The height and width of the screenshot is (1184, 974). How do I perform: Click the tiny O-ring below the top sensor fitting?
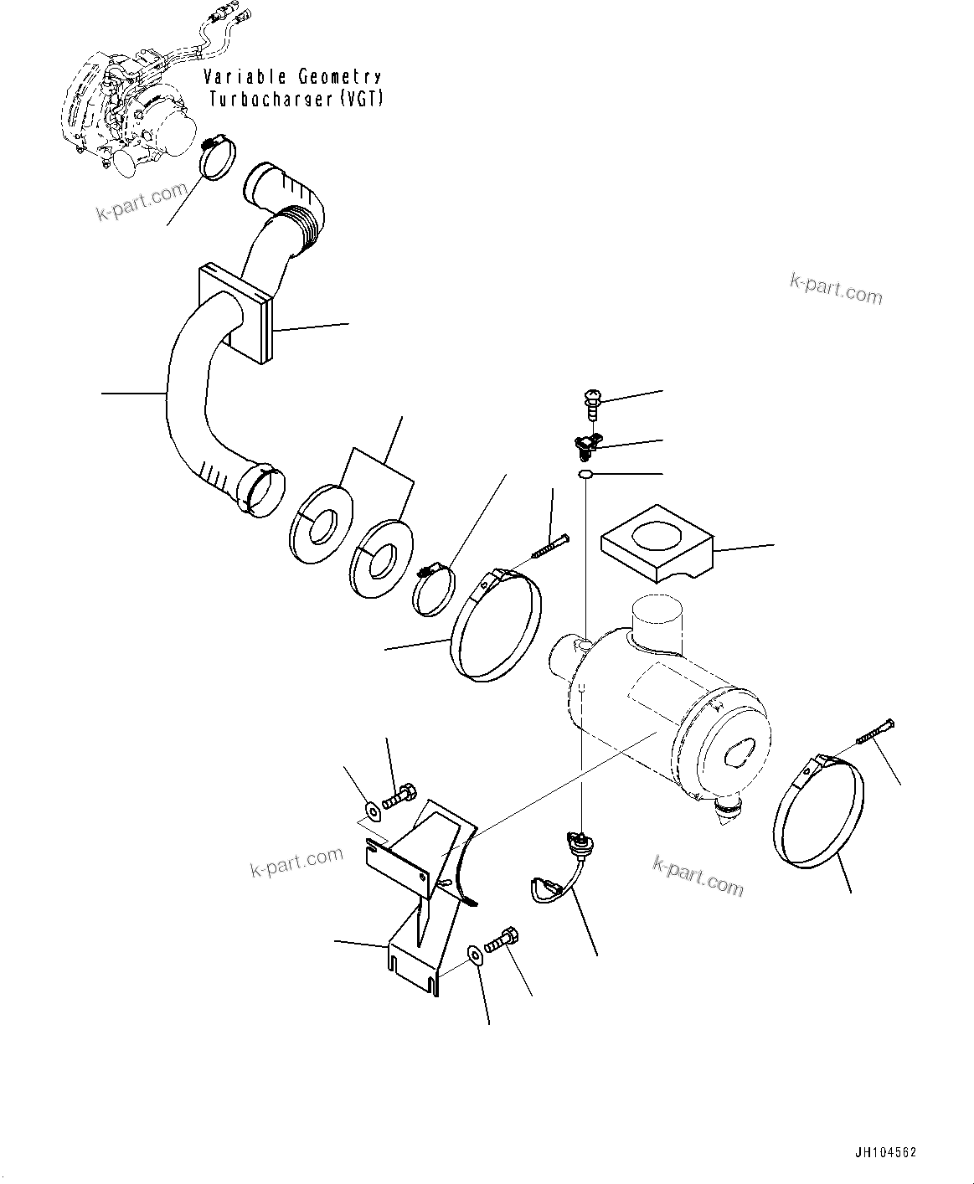point(585,476)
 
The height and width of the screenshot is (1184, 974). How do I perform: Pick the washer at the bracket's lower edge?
point(474,954)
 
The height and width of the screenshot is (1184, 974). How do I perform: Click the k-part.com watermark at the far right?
point(836,289)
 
